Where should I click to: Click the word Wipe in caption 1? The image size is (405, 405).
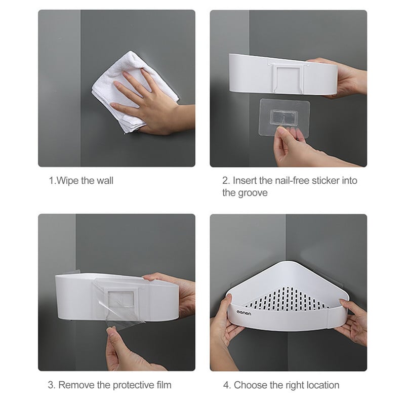coord(68,181)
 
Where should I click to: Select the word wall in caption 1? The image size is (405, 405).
coord(105,181)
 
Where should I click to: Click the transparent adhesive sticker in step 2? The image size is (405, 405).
coord(284,118)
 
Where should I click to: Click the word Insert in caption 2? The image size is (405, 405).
coord(245,181)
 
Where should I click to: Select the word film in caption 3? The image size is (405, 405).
coord(164,385)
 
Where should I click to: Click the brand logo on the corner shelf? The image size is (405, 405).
coord(244,313)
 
